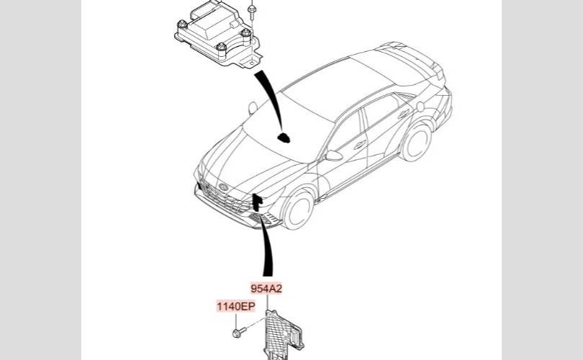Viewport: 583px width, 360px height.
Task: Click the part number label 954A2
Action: click(266, 289)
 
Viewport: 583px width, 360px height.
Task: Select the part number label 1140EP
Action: click(237, 307)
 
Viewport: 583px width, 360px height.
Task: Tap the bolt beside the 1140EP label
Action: click(238, 332)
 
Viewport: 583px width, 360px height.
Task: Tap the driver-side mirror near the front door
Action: click(333, 156)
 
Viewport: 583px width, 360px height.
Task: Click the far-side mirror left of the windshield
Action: click(252, 107)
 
